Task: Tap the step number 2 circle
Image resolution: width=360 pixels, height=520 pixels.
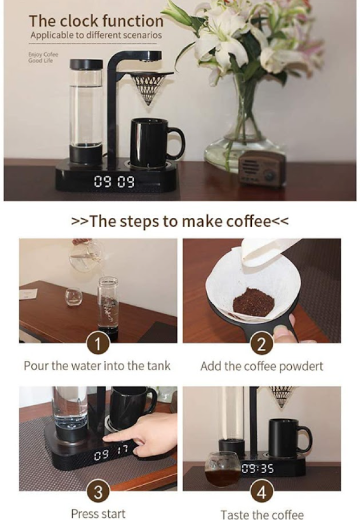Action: (x=262, y=344)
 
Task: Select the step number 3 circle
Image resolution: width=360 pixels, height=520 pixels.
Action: (x=98, y=492)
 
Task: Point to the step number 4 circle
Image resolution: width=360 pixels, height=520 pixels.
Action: (x=262, y=492)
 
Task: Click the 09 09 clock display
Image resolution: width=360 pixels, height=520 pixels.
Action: (x=114, y=181)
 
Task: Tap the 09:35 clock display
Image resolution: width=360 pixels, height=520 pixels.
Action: (x=258, y=469)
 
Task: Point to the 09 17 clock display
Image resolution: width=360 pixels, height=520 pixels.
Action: (x=111, y=454)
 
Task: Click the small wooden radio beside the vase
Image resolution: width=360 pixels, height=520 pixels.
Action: (x=262, y=169)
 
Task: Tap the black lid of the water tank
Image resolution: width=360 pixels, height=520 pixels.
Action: (x=86, y=64)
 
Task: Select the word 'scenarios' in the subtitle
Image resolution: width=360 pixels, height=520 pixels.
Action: (x=143, y=35)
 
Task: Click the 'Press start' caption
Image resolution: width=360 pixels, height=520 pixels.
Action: (x=98, y=514)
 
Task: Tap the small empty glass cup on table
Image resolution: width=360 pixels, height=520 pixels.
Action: (x=73, y=297)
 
